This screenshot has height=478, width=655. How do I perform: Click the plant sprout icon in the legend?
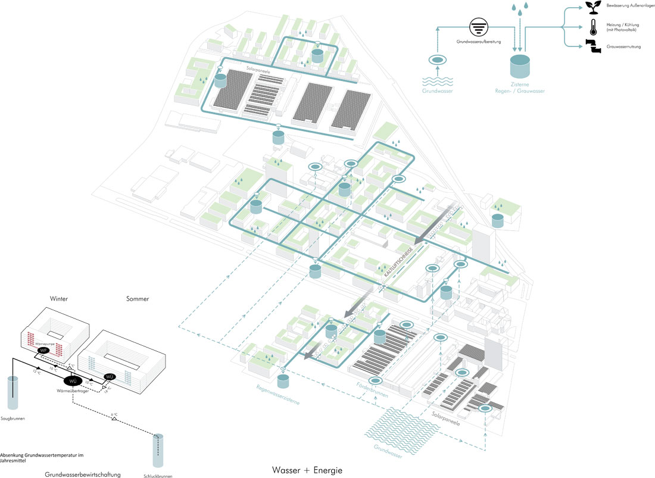(x=593, y=7)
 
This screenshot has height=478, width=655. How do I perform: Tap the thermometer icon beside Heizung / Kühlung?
(x=593, y=27)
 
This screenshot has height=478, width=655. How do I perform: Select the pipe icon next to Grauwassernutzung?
(x=592, y=46)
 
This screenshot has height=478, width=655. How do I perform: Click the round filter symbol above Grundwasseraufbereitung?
(x=478, y=27)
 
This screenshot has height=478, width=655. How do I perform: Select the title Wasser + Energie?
(x=307, y=470)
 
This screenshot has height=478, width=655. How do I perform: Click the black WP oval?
(x=42, y=351)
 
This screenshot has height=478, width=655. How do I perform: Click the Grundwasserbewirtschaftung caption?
(x=83, y=474)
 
